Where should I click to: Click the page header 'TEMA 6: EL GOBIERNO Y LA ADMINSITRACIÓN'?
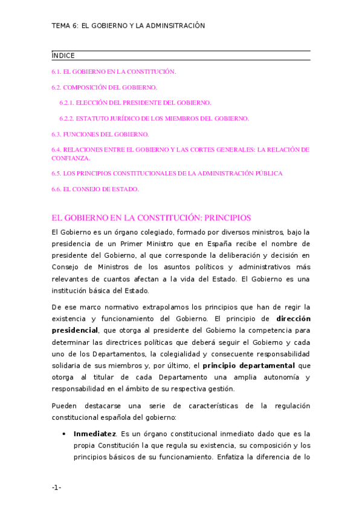[128, 26]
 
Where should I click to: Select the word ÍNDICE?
[63, 56]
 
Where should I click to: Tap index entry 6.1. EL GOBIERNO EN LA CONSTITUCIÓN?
[114, 71]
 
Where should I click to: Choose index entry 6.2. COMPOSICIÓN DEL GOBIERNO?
[105, 87]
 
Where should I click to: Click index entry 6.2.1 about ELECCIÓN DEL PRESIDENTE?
[135, 103]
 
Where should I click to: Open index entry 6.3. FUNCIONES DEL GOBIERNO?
[100, 134]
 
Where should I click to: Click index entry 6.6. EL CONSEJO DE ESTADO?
[95, 189]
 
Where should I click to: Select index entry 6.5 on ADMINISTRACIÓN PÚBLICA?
[167, 173]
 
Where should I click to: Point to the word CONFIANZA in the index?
[71, 158]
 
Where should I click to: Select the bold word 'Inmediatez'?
[94, 434]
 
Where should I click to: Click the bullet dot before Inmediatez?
[64, 434]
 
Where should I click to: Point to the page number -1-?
[57, 487]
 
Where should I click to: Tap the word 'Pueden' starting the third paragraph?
[65, 405]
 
